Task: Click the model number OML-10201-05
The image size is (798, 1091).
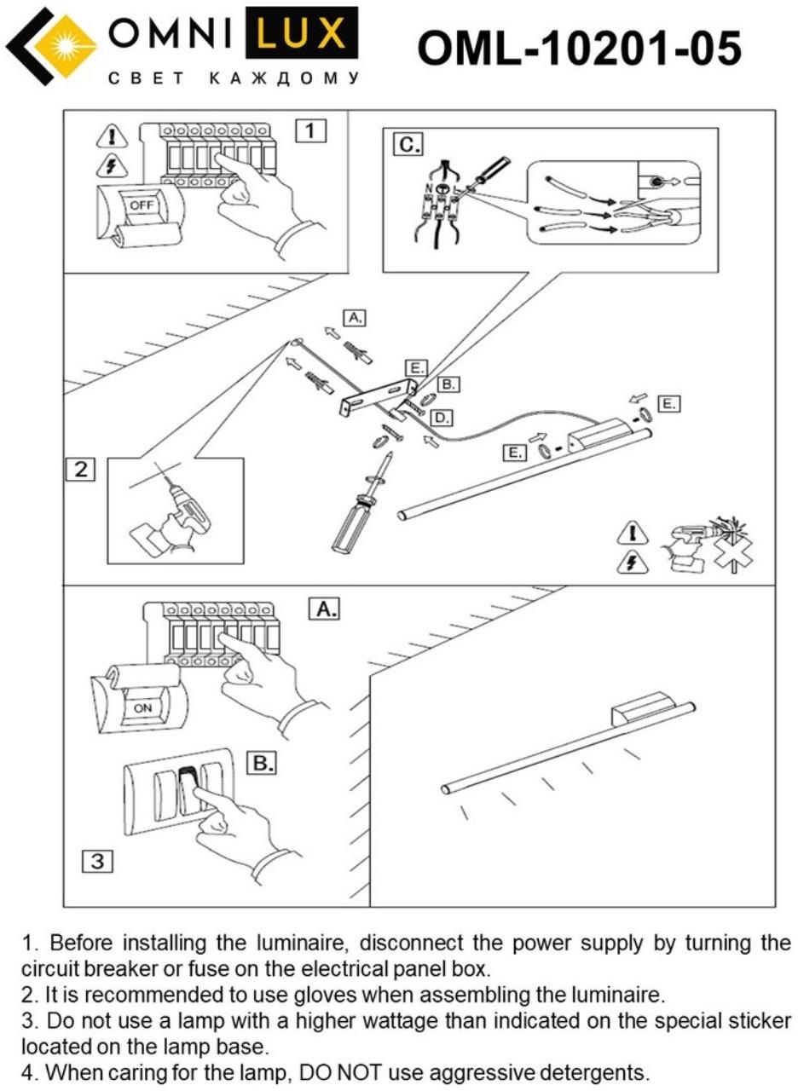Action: [x=579, y=48]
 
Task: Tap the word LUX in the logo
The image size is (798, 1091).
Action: [x=301, y=34]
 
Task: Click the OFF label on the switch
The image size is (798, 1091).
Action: [x=139, y=205]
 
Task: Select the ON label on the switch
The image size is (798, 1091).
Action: [x=141, y=707]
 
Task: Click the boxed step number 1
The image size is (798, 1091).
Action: [x=310, y=130]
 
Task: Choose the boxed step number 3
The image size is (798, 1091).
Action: [x=97, y=861]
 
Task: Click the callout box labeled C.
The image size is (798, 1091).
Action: [x=408, y=145]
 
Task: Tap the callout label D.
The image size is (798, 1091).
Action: [x=441, y=418]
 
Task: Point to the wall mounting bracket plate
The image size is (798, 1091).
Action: [x=373, y=396]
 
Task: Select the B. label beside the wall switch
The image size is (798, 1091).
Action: [x=262, y=763]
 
